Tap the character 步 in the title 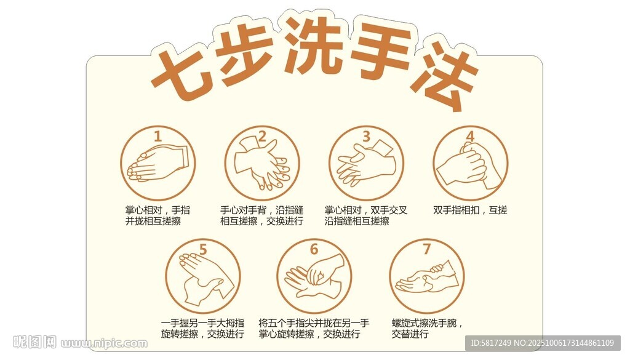[246, 52]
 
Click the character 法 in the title [444, 76]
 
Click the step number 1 [157, 136]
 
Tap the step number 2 [262, 136]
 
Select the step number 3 [366, 136]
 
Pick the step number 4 [470, 136]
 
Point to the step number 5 [203, 249]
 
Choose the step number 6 [314, 249]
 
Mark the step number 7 [427, 249]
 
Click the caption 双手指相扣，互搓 [470, 210]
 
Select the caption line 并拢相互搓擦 [153, 221]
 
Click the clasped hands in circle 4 [469, 167]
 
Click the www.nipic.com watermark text [104, 343]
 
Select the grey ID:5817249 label [543, 343]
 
